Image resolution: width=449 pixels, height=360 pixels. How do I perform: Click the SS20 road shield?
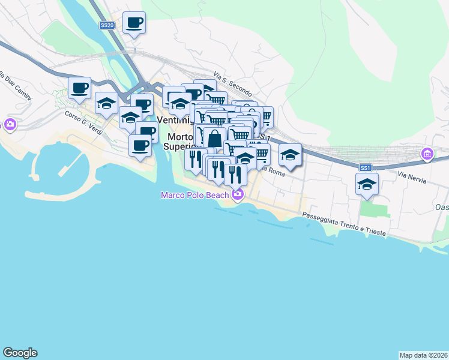pyautogui.click(x=107, y=25)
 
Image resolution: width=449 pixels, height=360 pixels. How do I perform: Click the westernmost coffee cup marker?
pyautogui.click(x=79, y=89)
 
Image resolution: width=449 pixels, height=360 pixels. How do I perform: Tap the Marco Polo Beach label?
pyautogui.click(x=194, y=195)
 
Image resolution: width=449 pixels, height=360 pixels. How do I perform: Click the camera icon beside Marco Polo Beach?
pyautogui.click(x=238, y=194)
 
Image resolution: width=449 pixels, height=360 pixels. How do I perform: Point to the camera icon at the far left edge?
pyautogui.click(x=10, y=125)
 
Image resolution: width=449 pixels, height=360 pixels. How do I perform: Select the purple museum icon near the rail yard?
pyautogui.click(x=427, y=154)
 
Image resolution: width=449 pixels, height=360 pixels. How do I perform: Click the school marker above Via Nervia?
pyautogui.click(x=367, y=184)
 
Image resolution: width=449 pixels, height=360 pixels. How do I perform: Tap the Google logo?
pyautogui.click(x=20, y=353)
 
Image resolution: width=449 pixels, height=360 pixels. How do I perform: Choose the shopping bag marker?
pyautogui.click(x=214, y=138)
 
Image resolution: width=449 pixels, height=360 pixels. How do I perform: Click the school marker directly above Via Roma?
pyautogui.click(x=290, y=154)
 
